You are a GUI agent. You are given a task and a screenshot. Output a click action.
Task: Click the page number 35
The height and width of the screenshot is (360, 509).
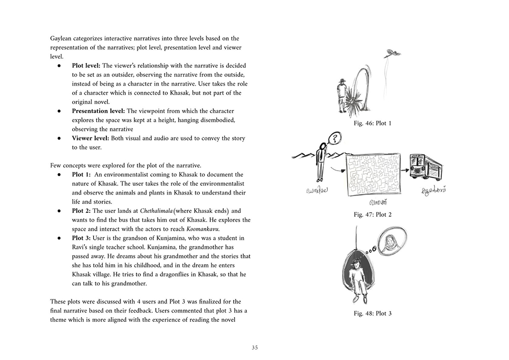[254, 348]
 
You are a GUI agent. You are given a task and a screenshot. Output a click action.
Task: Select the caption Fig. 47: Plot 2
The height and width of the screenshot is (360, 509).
[373, 214]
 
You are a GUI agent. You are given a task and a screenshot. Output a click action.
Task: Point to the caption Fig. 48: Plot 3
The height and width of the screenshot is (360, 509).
[373, 313]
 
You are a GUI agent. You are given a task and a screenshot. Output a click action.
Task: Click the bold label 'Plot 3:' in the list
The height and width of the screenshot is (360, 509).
[82, 238]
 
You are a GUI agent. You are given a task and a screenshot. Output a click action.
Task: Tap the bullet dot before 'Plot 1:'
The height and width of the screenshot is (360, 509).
[59, 175]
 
